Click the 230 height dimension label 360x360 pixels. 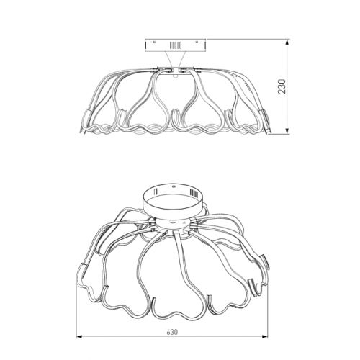[x=282, y=86]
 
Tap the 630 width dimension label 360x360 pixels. [x=172, y=332]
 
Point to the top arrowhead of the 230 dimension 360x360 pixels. [x=287, y=42]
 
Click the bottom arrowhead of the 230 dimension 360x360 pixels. [x=287, y=131]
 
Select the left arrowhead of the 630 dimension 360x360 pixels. [x=79, y=336]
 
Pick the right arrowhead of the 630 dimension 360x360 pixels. [x=265, y=336]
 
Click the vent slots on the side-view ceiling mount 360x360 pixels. [x=176, y=45]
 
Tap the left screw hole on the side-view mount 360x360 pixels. [x=154, y=42]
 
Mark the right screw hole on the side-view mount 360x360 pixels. [x=197, y=42]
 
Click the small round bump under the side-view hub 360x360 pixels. [x=176, y=76]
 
